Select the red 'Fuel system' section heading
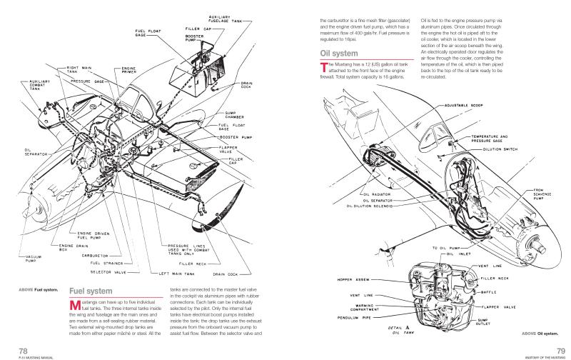point(89,291)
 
